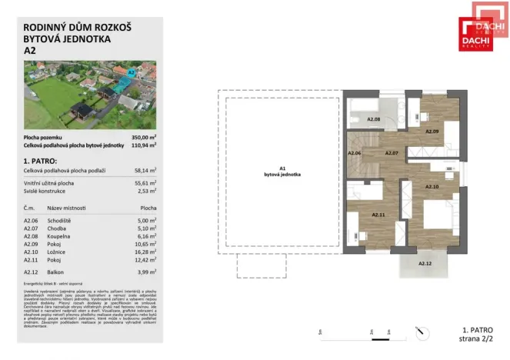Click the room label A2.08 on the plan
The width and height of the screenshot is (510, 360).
point(374,119)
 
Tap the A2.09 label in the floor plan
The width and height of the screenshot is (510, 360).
point(433,131)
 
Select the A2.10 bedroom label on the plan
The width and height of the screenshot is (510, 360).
point(432,186)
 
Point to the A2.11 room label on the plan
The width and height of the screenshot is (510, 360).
point(379,215)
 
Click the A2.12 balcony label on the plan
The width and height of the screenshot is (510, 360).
point(425,263)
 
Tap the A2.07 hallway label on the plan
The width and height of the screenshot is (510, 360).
point(391,153)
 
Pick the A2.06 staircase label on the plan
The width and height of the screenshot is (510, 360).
point(355,153)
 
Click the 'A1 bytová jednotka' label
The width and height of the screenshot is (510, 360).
point(282,171)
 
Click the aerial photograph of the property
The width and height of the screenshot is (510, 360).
point(89,94)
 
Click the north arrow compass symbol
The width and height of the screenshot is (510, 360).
point(420,332)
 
